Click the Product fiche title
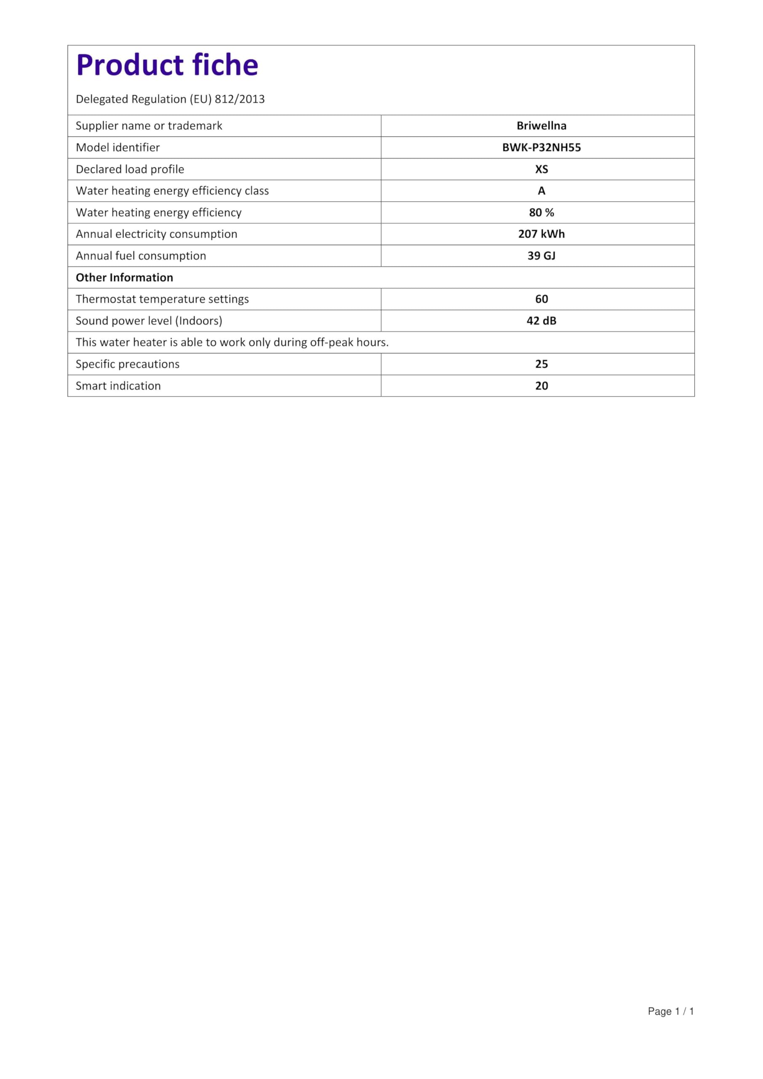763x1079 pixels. tap(167, 65)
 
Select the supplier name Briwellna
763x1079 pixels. tap(541, 126)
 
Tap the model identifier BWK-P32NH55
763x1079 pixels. tap(541, 148)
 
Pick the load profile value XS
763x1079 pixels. tap(541, 169)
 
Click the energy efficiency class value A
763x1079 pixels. tap(541, 191)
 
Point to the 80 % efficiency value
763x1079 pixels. tap(541, 212)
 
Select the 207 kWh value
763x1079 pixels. tap(541, 234)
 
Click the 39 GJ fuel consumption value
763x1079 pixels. tap(541, 256)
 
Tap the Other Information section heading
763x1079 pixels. tap(125, 278)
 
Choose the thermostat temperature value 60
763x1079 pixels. tap(541, 299)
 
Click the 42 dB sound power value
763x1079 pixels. tap(541, 320)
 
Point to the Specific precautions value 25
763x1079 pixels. tap(541, 364)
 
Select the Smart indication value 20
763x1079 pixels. tap(541, 386)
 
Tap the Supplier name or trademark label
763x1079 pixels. tap(149, 126)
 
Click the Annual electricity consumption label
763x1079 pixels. tap(156, 234)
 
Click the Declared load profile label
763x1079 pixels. tap(130, 169)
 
